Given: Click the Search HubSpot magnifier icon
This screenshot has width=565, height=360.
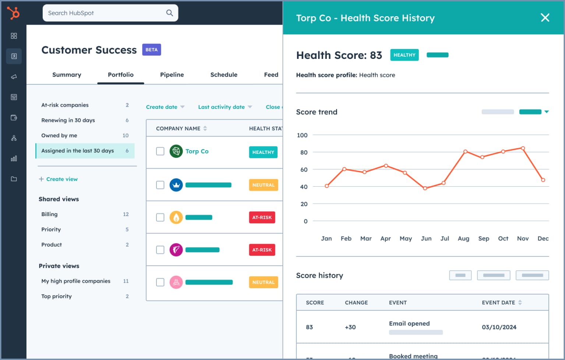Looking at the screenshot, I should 169,13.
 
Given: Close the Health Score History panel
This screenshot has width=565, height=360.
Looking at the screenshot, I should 545,18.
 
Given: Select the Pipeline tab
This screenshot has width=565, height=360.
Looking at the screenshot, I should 172,75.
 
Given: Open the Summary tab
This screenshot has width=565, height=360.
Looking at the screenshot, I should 67,75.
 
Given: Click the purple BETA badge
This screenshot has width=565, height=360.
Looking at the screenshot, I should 151,50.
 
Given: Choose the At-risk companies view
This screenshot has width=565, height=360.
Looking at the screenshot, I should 65,105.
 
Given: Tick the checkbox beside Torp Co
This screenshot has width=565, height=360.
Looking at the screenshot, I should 160,151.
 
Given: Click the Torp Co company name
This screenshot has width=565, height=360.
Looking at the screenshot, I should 197,151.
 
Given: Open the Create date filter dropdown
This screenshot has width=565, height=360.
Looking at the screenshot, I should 165,107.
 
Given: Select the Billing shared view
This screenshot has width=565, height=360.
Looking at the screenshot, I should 49,214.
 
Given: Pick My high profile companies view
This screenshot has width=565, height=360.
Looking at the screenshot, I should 75,281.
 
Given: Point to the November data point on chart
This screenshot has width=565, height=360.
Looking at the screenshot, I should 523,148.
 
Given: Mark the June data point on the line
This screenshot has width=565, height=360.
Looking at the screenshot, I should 425,188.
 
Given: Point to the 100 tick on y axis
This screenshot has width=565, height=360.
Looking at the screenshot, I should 302,135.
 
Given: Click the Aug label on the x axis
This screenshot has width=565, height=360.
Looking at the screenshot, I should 463,239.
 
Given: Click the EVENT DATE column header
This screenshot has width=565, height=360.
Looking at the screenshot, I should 498,303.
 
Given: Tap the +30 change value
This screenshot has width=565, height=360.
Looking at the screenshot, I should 350,327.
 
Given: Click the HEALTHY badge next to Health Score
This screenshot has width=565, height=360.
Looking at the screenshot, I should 404,55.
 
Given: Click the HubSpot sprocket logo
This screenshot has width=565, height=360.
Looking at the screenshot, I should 14,13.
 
